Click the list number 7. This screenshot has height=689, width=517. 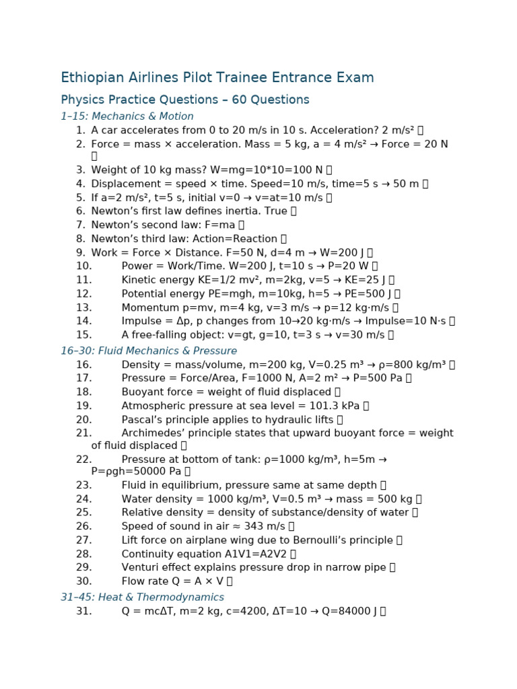[x=81, y=225]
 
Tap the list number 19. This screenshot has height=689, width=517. [x=83, y=406]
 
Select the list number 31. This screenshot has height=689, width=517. [x=83, y=611]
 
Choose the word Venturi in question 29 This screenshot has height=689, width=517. [x=140, y=567]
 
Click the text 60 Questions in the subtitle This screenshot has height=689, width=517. [x=271, y=100]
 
